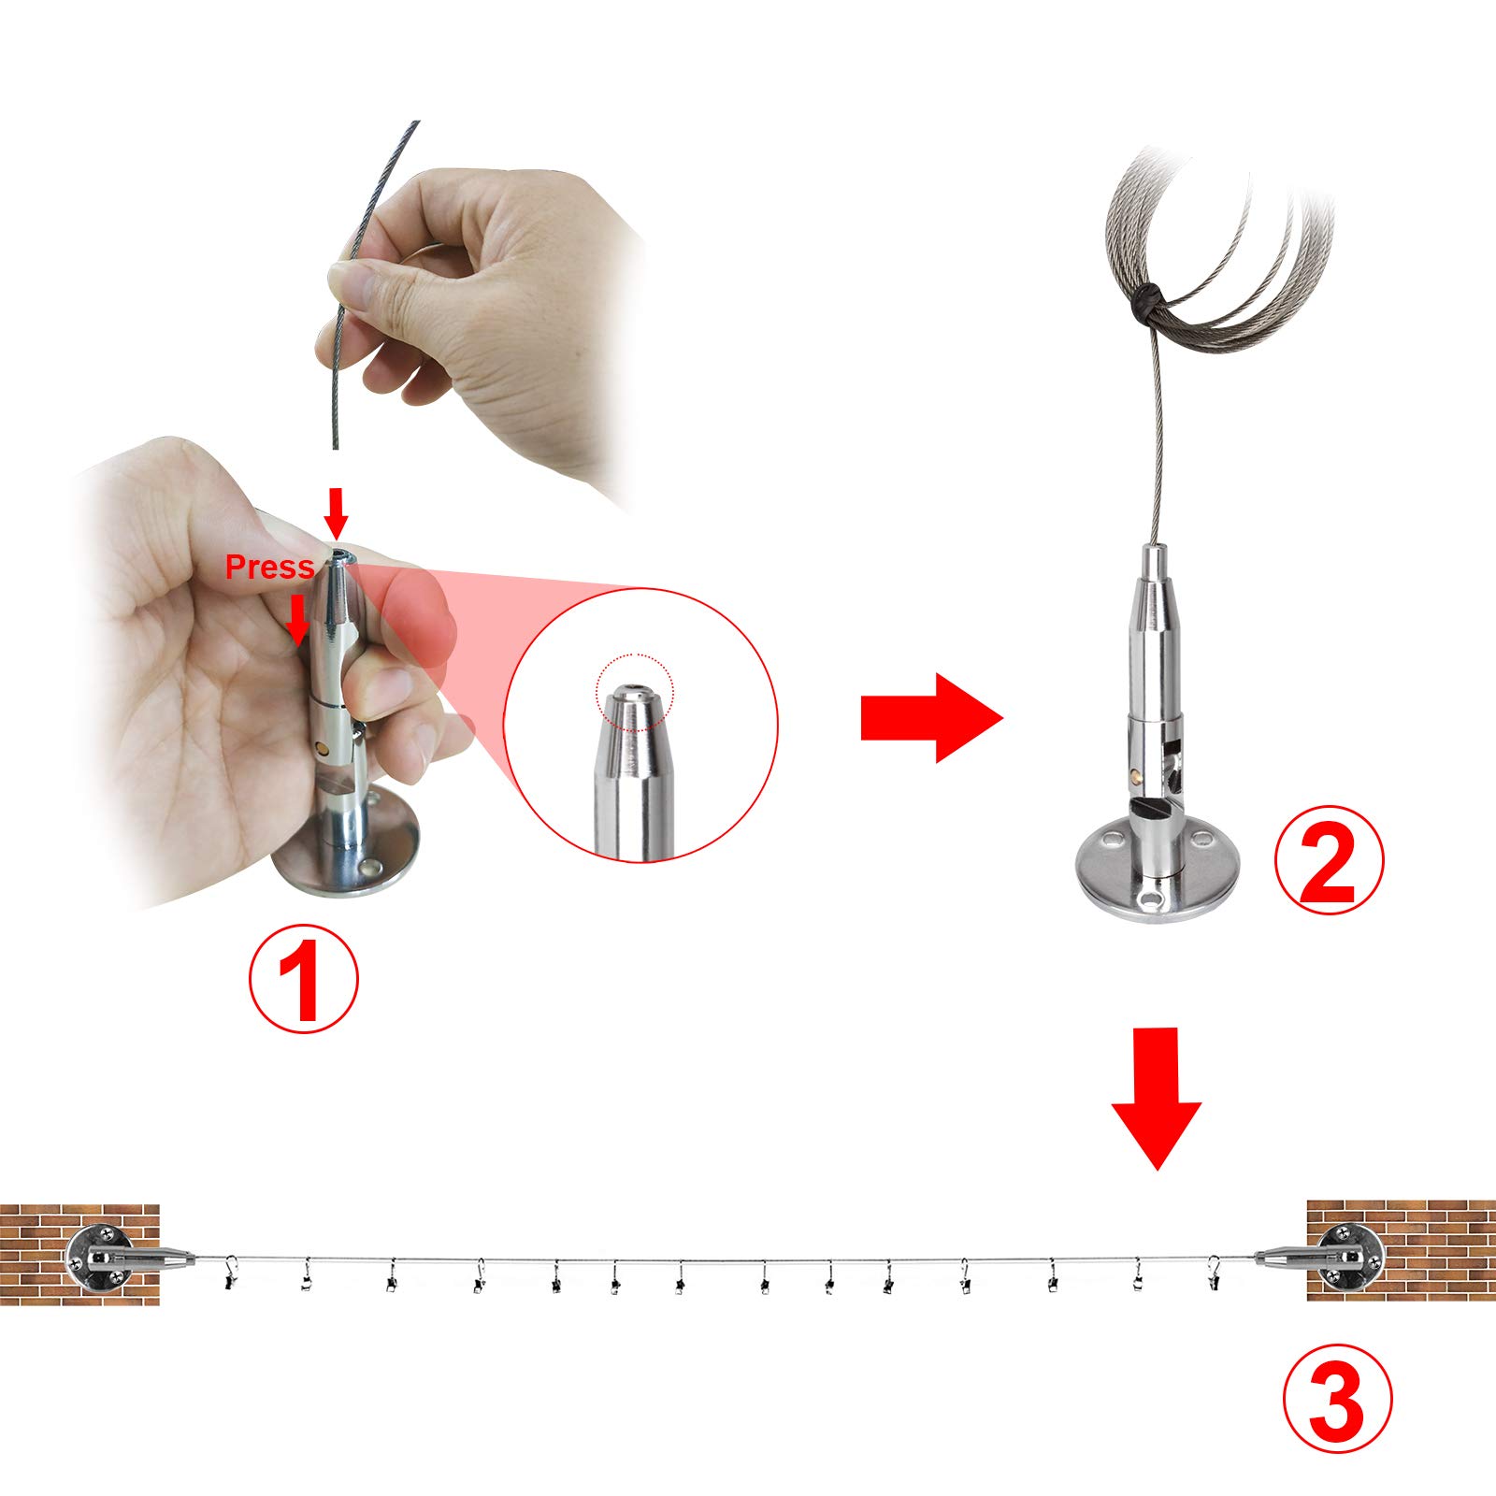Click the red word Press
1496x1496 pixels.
[x=269, y=568]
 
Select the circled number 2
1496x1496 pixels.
[x=1329, y=860]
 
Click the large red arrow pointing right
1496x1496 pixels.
[x=931, y=717]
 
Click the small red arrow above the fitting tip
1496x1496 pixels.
[x=337, y=512]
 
